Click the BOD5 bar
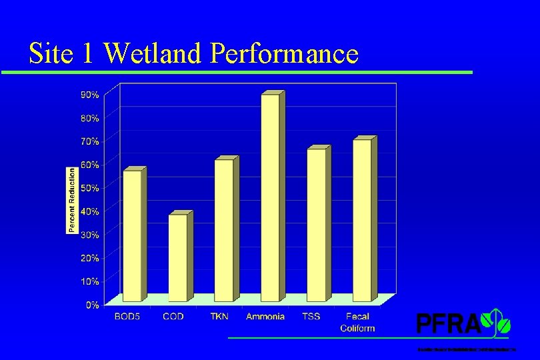132,236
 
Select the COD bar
178,258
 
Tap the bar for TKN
224,231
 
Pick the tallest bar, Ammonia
270,198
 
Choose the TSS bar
316,225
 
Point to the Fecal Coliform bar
362,221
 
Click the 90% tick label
90,95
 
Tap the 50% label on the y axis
90,188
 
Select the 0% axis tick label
93,305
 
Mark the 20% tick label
90,258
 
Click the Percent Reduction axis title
71,200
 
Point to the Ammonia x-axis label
265,317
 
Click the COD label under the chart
173,317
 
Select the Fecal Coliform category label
357,322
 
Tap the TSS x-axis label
311,317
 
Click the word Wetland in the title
153,53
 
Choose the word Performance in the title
284,53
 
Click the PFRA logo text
448,324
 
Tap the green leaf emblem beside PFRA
499,321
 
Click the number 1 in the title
89,53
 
